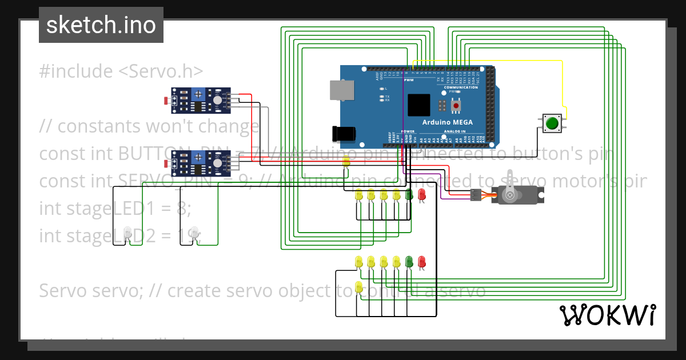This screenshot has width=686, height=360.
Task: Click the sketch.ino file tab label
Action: [101, 25]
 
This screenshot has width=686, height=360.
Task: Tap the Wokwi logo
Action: [607, 315]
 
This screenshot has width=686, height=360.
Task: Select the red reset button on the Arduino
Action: [456, 106]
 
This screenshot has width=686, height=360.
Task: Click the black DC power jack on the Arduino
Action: [345, 133]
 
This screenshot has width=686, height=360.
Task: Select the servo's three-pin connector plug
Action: [476, 195]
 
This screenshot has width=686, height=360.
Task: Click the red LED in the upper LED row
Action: [421, 194]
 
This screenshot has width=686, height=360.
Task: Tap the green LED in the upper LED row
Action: [409, 194]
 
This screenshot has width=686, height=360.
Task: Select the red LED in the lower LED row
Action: [422, 262]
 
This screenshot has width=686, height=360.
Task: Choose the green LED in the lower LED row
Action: [409, 262]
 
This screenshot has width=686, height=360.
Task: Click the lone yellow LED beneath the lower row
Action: [359, 287]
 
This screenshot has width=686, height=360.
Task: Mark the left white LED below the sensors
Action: [127, 232]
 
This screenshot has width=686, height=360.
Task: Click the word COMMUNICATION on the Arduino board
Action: [461, 87]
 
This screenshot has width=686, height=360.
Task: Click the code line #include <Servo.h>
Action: [121, 71]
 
